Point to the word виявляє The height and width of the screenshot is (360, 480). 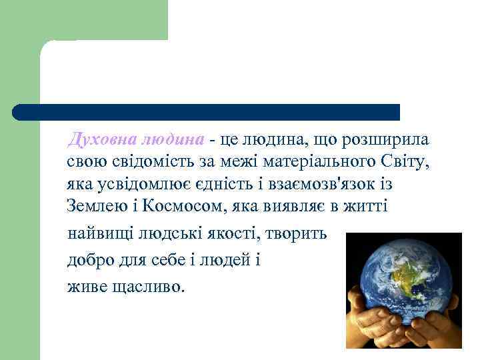[293, 206]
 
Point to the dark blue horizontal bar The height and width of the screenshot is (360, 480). [207, 111]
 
